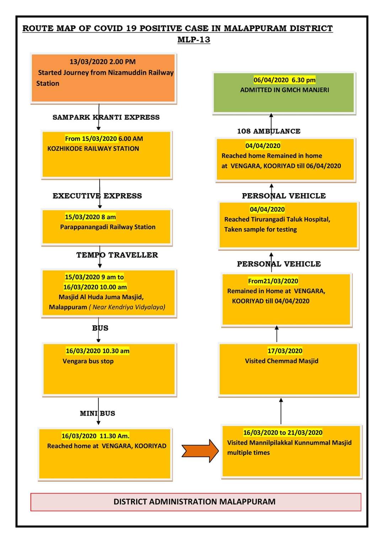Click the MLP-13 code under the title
click(x=193, y=39)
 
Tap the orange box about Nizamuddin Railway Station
click(x=103, y=78)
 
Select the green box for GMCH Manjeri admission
click(x=283, y=93)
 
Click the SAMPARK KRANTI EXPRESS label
click(x=106, y=117)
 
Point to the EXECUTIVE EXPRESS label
click(x=97, y=196)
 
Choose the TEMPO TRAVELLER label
click(x=117, y=255)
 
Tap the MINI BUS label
click(x=97, y=413)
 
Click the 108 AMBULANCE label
click(x=269, y=131)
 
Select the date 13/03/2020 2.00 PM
click(x=102, y=62)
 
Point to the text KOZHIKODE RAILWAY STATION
click(x=93, y=148)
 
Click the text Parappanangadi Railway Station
click(x=108, y=227)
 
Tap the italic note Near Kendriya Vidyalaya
click(x=127, y=307)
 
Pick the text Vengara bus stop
click(x=88, y=361)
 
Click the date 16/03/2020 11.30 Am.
click(x=95, y=436)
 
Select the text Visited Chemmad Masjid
click(x=282, y=361)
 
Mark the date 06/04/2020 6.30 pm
click(x=284, y=80)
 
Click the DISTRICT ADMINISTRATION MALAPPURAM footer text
click(x=194, y=502)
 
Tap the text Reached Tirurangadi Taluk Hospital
click(x=277, y=220)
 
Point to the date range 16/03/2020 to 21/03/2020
click(x=283, y=432)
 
